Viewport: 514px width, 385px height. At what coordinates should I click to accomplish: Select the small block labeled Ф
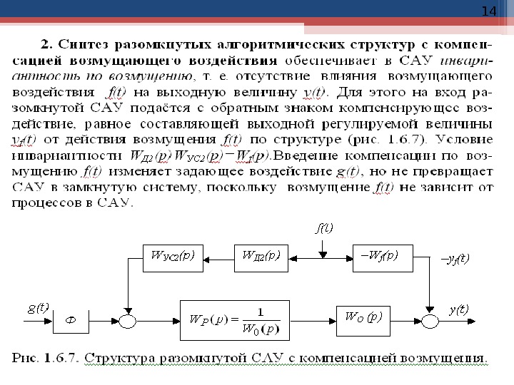tap(71, 322)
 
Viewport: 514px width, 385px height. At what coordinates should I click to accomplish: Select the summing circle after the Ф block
tap(128, 322)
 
